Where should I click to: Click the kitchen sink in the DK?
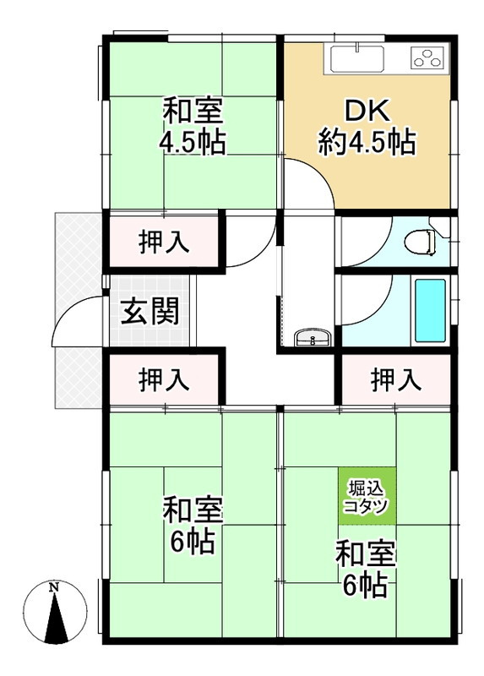click(357, 59)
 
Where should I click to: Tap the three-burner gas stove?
click(427, 58)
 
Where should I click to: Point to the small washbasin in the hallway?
click(312, 340)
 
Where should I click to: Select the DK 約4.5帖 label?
click(367, 127)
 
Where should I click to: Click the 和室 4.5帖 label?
click(193, 127)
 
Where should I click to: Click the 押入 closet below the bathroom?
click(395, 380)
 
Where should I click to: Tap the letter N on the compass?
click(53, 586)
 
